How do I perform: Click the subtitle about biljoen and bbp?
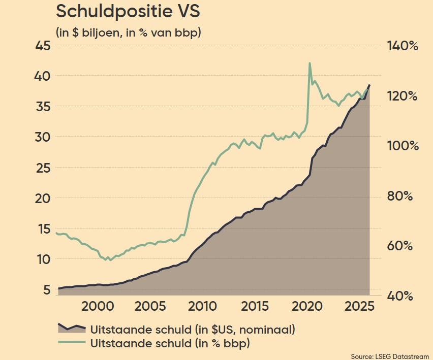pyautogui.click(x=129, y=32)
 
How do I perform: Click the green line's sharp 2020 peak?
pyautogui.click(x=310, y=63)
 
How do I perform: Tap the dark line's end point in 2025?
pyautogui.click(x=369, y=85)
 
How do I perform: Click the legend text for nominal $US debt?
pyautogui.click(x=193, y=329)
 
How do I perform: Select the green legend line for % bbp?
pyautogui.click(x=71, y=343)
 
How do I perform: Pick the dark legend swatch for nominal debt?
pyautogui.click(x=71, y=328)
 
